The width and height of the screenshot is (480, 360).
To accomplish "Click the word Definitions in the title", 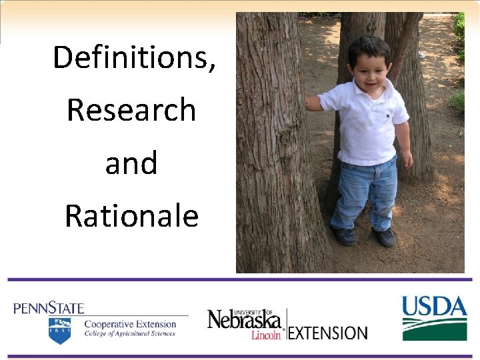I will pyautogui.click(x=133, y=57).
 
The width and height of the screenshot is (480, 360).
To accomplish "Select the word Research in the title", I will pyautogui.click(x=131, y=110).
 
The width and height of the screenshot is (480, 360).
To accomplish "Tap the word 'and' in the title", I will pyautogui.click(x=131, y=163).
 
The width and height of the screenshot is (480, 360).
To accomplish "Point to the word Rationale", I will pyautogui.click(x=131, y=216).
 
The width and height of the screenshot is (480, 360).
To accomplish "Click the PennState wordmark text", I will pyautogui.click(x=49, y=308).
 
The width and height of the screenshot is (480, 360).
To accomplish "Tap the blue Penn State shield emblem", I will pyautogui.click(x=59, y=331).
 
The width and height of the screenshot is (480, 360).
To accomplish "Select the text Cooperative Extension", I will pyautogui.click(x=130, y=324).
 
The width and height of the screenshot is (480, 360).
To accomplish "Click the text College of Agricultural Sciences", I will pyautogui.click(x=129, y=334).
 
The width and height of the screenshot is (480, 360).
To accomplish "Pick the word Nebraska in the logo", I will pyautogui.click(x=244, y=320).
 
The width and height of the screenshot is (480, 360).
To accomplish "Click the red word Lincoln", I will pyautogui.click(x=266, y=335).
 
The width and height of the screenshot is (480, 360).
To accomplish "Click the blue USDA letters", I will pyautogui.click(x=434, y=307).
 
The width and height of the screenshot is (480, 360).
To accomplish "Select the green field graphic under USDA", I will pyautogui.click(x=434, y=330).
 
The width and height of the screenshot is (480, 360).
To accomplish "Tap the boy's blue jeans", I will pyautogui.click(x=365, y=193).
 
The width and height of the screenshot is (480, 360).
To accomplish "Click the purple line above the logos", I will pyautogui.click(x=240, y=279).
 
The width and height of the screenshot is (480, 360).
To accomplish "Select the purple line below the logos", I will pyautogui.click(x=240, y=356).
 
